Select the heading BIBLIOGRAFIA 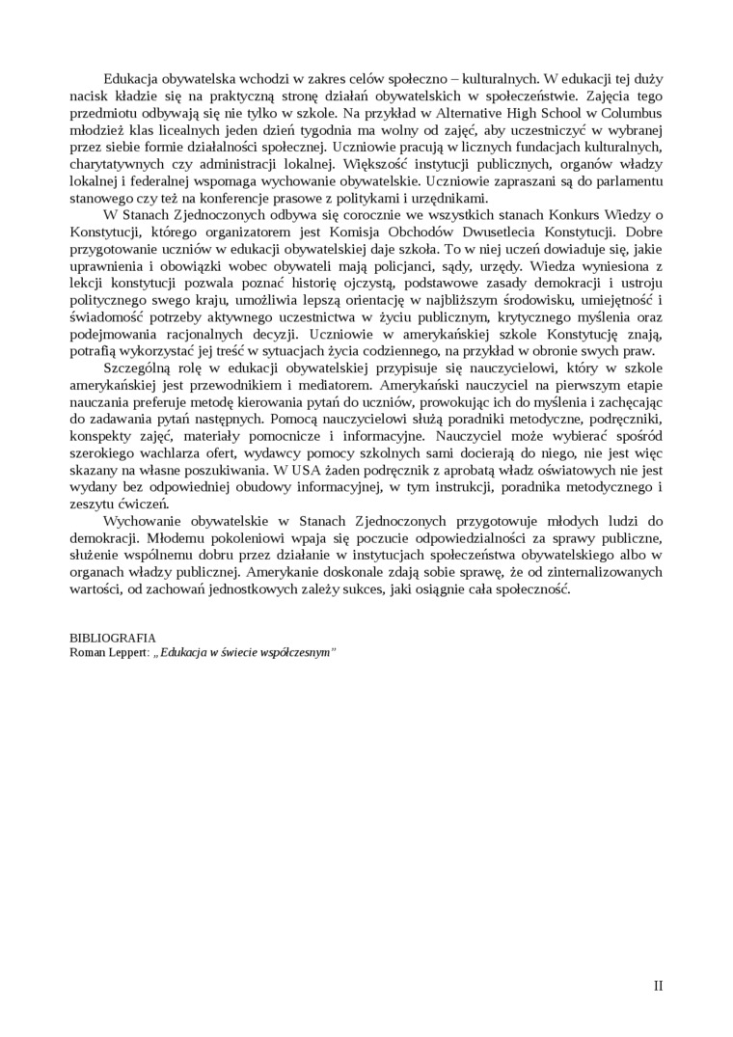pos(113,639)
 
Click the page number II pos(659,985)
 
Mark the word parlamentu pos(627,181)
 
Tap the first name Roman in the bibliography pos(89,652)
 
